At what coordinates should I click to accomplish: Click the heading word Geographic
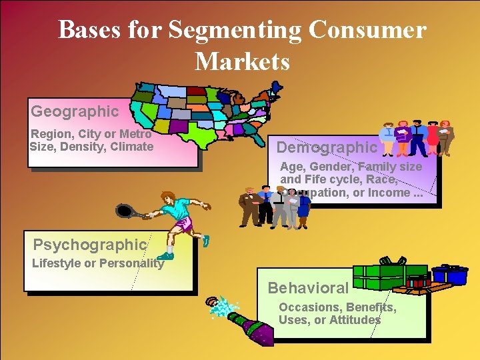pyautogui.click(x=74, y=111)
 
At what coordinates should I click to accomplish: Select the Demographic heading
pyautogui.click(x=327, y=147)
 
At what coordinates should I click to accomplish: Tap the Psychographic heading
pyautogui.click(x=89, y=245)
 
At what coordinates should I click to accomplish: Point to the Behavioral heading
pyautogui.click(x=308, y=288)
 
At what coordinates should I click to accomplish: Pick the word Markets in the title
pyautogui.click(x=242, y=62)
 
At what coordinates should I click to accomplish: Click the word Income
pyautogui.click(x=391, y=192)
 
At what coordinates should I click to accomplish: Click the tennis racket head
pyautogui.click(x=124, y=211)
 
